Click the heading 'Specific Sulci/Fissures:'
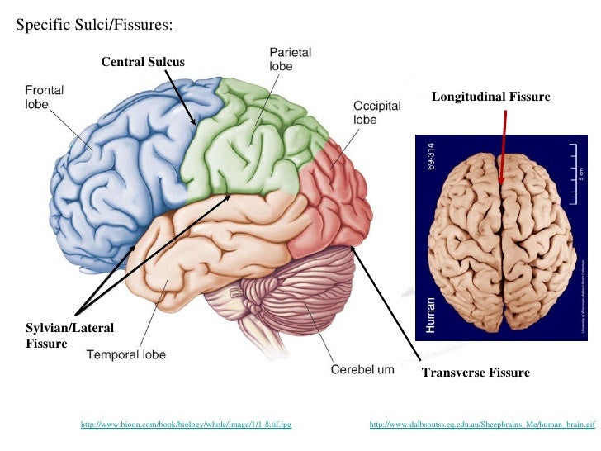point(95,25)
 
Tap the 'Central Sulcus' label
point(143,62)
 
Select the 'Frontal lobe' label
point(45,97)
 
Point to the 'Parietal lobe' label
point(290,59)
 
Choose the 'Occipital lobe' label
point(376,112)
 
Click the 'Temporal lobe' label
point(126,355)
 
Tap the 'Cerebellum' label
point(362,370)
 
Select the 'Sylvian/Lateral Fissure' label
point(69,335)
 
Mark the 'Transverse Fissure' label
point(476,373)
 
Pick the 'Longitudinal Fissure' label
point(490,97)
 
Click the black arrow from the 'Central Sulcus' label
point(181,97)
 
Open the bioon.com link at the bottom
point(186,425)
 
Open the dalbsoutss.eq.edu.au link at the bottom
point(482,425)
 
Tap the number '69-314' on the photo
point(428,156)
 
